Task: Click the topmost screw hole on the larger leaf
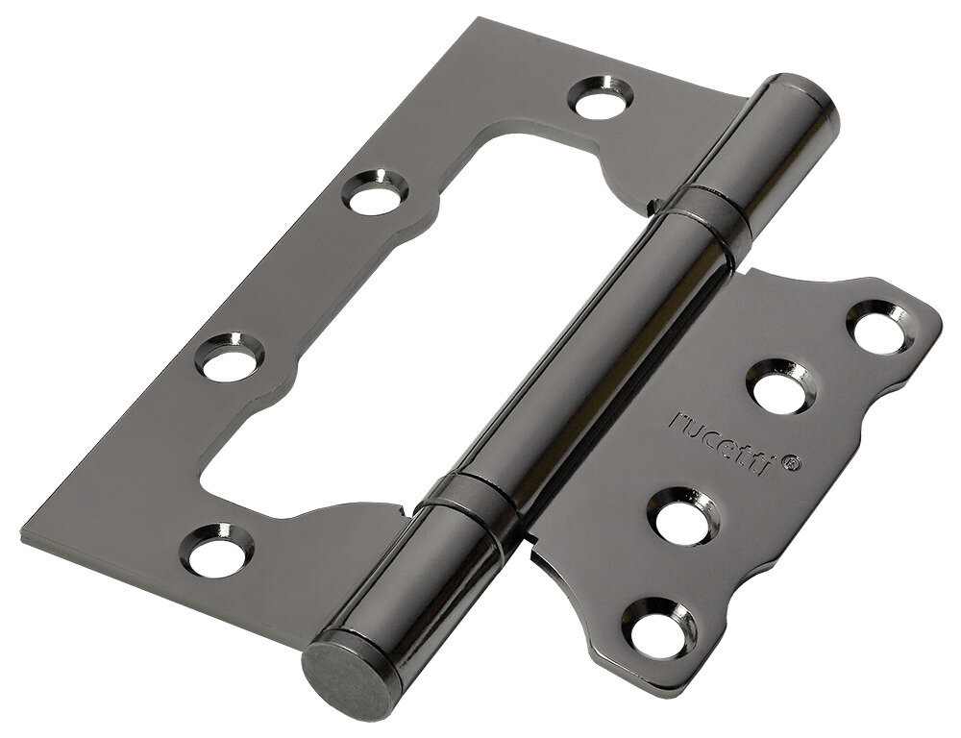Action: pyautogui.click(x=601, y=97)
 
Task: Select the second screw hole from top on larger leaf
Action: pyautogui.click(x=375, y=192)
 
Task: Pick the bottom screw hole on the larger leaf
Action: pyautogui.click(x=220, y=550)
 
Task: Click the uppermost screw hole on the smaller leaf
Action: pyautogui.click(x=880, y=328)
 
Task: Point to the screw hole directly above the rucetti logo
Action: pyautogui.click(x=780, y=386)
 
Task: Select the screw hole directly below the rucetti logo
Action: pyautogui.click(x=684, y=516)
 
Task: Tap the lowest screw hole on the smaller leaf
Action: pyautogui.click(x=659, y=628)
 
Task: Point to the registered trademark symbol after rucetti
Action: pyautogui.click(x=792, y=463)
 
